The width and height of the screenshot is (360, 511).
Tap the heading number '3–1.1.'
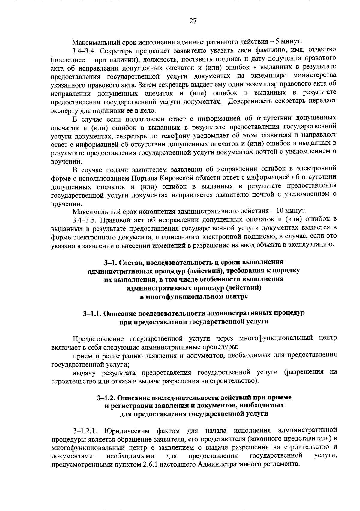[x=92, y=314]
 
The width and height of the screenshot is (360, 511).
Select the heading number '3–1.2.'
[x=106, y=398]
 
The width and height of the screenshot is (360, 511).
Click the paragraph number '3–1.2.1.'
[x=85, y=431]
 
